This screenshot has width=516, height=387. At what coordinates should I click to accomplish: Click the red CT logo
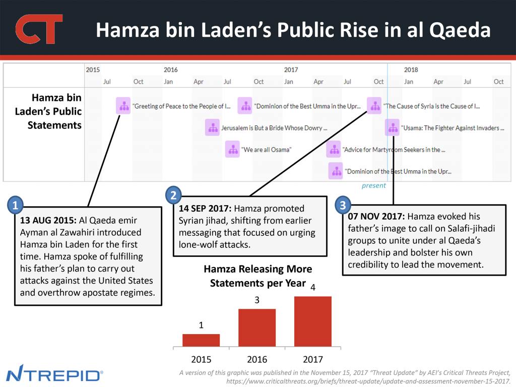click(39, 29)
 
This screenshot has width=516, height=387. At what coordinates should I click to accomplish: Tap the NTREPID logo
click(54, 375)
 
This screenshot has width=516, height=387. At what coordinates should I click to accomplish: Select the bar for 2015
click(201, 340)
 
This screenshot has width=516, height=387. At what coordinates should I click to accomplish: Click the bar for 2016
click(257, 328)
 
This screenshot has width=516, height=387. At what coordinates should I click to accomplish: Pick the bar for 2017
click(313, 321)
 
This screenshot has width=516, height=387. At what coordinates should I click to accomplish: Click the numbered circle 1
click(16, 205)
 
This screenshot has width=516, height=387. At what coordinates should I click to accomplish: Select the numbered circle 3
click(343, 205)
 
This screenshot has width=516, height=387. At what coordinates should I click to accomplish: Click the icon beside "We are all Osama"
click(232, 150)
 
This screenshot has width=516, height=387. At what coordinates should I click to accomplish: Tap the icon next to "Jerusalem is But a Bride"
click(212, 128)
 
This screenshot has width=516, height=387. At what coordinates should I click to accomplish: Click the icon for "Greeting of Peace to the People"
click(123, 106)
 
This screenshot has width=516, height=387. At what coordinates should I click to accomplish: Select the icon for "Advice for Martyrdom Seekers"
click(334, 150)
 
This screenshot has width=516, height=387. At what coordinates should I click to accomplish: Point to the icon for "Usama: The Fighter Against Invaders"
click(392, 128)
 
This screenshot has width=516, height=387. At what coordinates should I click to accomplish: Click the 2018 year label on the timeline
click(411, 70)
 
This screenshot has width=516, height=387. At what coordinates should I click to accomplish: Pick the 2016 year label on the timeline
click(170, 70)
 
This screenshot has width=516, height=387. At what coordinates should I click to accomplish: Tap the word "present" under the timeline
click(373, 185)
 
